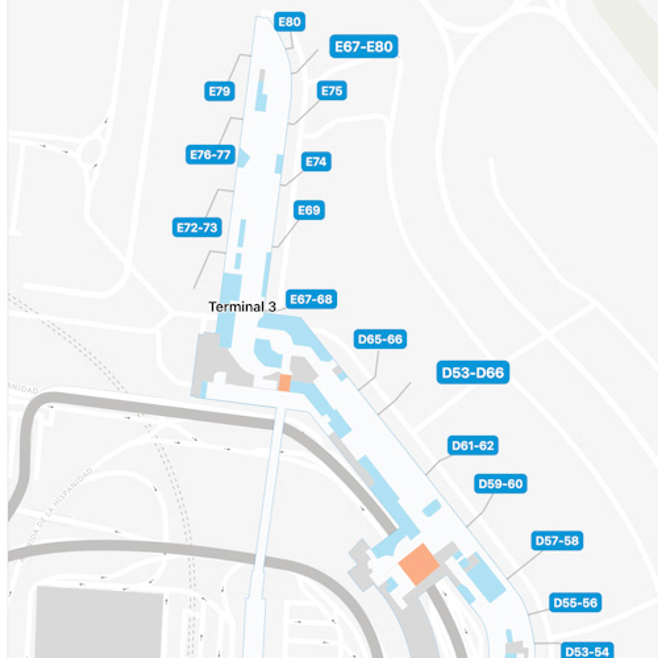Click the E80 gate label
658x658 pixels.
click(x=289, y=22)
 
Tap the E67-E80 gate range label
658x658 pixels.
click(x=364, y=46)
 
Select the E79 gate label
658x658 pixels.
click(x=219, y=91)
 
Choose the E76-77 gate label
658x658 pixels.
click(x=210, y=155)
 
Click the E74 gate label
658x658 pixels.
click(x=316, y=161)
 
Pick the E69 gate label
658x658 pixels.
click(x=309, y=210)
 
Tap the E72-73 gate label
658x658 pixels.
click(x=197, y=227)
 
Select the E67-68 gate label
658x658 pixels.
click(x=311, y=299)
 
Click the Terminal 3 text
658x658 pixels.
click(x=242, y=307)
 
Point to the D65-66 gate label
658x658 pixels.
click(x=380, y=339)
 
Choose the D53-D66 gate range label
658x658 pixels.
click(x=473, y=373)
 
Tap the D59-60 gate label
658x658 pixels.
click(x=500, y=484)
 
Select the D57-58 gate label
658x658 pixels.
click(x=557, y=541)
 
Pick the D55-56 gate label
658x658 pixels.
click(x=575, y=603)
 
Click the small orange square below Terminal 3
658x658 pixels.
click(x=284, y=383)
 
